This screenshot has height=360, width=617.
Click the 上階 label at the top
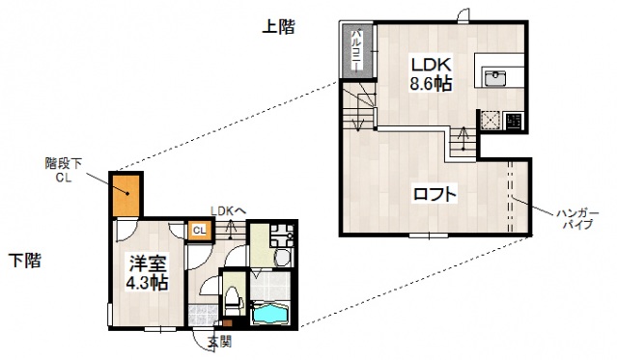(x=278, y=28)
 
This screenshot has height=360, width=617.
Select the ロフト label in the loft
(x=435, y=193)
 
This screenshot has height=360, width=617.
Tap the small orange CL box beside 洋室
(x=197, y=230)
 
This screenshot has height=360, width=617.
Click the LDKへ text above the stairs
(x=229, y=209)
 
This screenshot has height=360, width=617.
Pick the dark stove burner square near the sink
(x=513, y=121)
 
